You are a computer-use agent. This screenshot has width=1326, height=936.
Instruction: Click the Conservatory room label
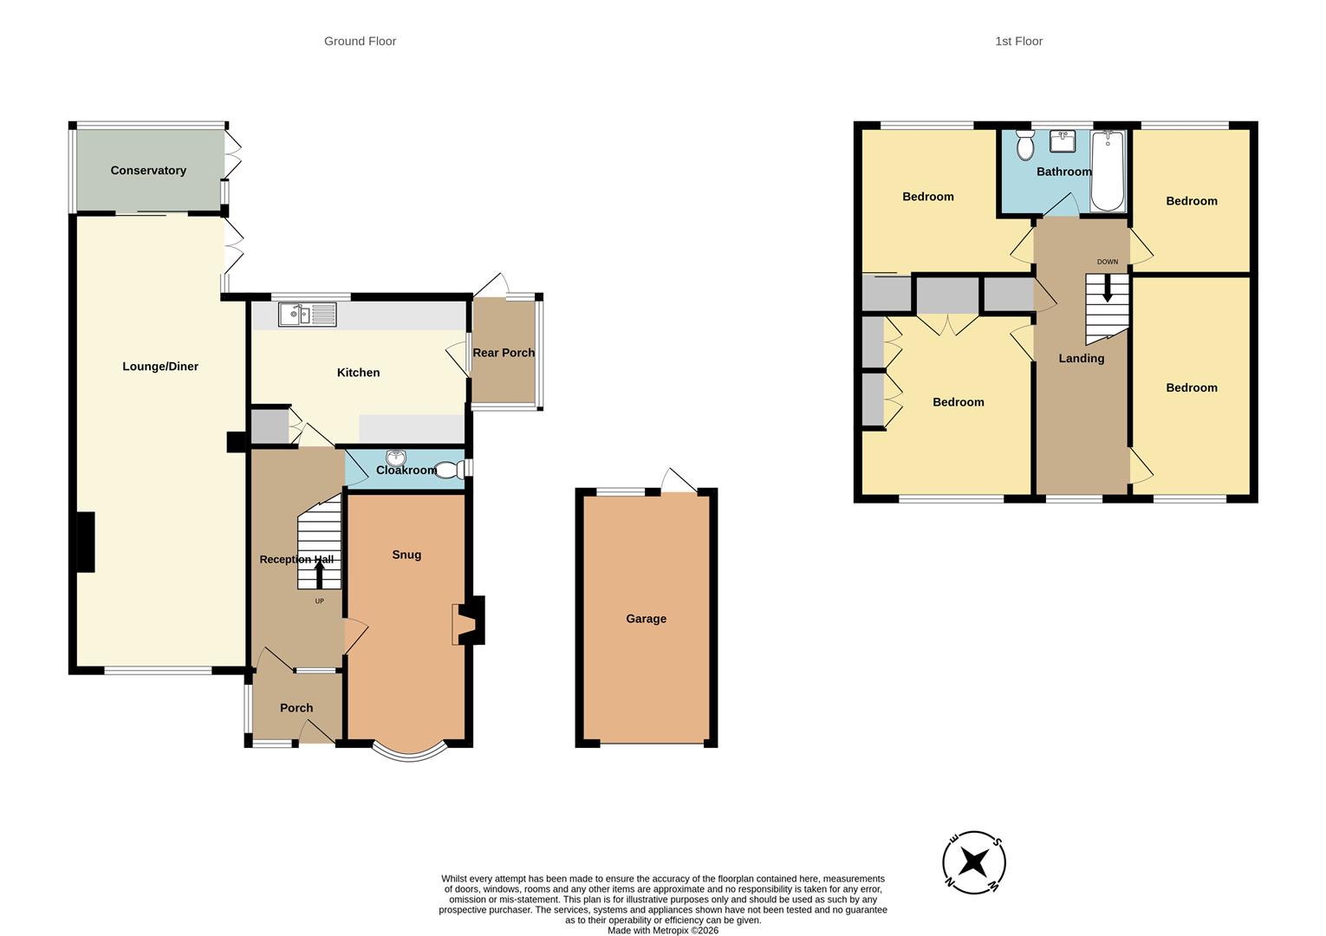tap(148, 171)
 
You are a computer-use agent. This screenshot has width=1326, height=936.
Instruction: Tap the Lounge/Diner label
tap(160, 367)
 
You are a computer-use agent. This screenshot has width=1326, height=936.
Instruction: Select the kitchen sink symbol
tap(307, 315)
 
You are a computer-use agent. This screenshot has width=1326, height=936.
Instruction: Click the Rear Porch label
tap(504, 353)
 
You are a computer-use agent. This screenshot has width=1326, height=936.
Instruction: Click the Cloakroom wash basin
tap(396, 458)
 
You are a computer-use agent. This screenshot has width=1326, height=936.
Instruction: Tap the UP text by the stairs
tap(319, 601)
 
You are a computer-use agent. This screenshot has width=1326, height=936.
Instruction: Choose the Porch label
tap(296, 708)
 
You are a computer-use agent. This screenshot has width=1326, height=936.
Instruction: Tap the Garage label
tap(646, 619)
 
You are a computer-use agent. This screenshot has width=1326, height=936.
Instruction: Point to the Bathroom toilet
tap(1025, 146)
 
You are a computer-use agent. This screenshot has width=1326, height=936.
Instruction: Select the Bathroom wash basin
tap(1063, 140)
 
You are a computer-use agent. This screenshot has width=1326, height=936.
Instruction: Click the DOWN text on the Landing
tap(1107, 262)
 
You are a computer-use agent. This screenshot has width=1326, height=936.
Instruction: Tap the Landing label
tap(1081, 359)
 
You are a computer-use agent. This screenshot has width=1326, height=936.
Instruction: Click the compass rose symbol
tap(974, 862)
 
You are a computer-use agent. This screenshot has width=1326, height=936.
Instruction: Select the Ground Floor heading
tap(360, 41)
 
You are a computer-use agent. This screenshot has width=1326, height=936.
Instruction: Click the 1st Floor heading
tap(1018, 41)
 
